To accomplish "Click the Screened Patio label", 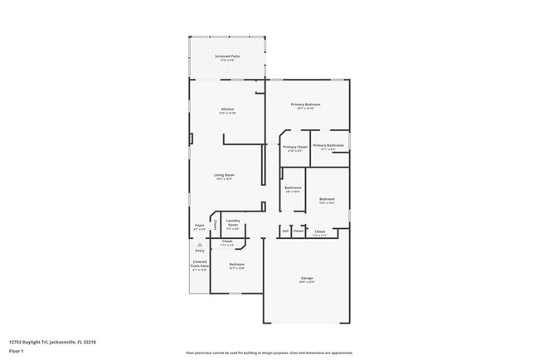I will [x=227, y=56].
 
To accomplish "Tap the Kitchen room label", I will [x=227, y=110].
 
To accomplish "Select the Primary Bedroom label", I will [x=305, y=105].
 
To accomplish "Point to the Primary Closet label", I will [x=295, y=148].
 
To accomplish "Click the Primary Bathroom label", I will [x=328, y=147].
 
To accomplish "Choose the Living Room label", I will [x=224, y=176].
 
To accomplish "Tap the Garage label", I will [x=306, y=280].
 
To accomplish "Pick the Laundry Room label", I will [x=233, y=223].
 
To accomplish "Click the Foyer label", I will [x=200, y=226].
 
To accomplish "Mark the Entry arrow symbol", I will [x=200, y=246].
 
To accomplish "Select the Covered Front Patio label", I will [x=200, y=265].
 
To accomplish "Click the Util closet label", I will [x=285, y=231].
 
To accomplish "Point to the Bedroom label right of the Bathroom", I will [x=327, y=200].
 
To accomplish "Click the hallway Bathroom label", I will [x=293, y=188].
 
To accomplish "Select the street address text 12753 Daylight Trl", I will [x=52, y=341].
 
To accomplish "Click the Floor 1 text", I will [x=17, y=351].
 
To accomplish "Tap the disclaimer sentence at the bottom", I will [x=269, y=352].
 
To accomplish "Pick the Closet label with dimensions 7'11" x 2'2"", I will [x=227, y=242].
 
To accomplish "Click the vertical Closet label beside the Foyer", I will [x=216, y=225].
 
